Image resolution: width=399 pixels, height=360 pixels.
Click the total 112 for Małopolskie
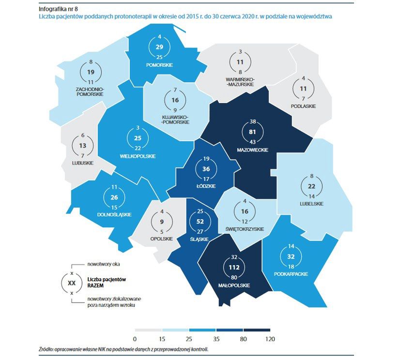click(233, 268)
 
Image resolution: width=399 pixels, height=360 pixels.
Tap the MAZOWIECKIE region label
click(253, 150)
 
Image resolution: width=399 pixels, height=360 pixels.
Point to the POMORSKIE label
click(159, 65)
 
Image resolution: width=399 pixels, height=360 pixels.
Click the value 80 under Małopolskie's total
click(234, 277)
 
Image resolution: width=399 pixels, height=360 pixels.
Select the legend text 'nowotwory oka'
click(104, 264)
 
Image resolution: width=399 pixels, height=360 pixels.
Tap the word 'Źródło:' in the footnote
click(47, 349)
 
